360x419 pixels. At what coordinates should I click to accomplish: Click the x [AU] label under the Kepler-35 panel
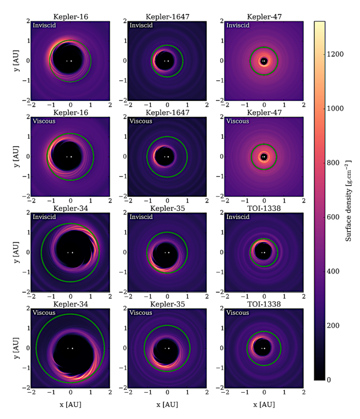point(167,404)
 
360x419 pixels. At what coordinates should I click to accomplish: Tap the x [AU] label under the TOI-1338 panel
point(264,404)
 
